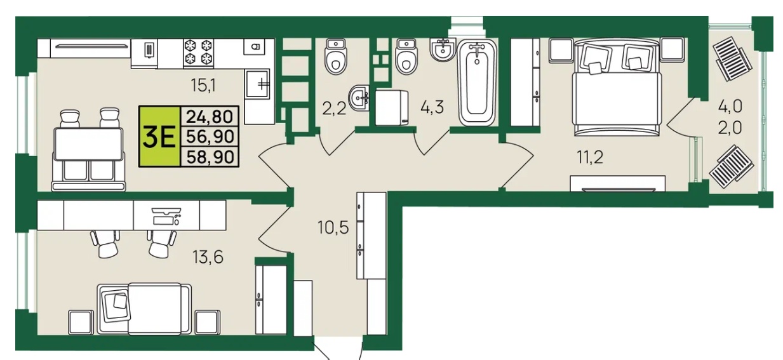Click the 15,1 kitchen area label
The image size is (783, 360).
(203, 85)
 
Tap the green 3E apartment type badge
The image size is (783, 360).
(159, 137)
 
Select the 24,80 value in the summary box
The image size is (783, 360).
(210, 116)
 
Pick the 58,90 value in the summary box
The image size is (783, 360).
(210, 157)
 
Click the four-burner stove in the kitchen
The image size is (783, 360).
(199, 53)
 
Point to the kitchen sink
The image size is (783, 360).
(258, 84)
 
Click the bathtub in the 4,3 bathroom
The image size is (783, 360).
(478, 83)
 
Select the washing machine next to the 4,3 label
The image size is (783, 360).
(392, 108)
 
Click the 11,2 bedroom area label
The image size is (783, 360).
(590, 157)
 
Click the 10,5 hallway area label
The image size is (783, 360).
(333, 227)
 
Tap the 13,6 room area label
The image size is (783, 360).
(208, 257)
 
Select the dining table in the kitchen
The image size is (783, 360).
(88, 144)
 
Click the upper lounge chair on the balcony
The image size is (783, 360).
(732, 58)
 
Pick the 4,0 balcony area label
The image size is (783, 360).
(730, 106)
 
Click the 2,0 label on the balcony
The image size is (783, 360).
(730, 128)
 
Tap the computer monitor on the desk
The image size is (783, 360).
(166, 211)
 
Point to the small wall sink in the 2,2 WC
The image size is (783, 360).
(359, 98)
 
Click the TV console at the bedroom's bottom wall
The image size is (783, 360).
(618, 183)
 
